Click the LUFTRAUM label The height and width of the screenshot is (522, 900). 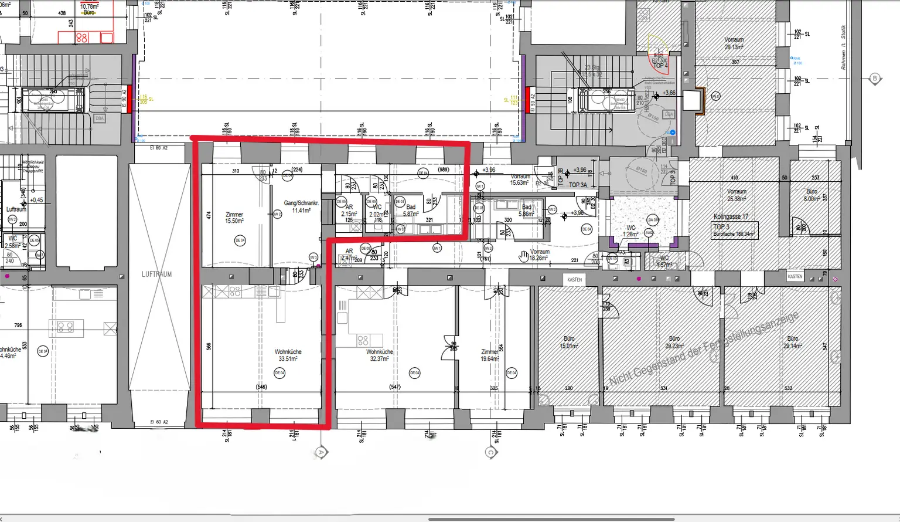[157, 274]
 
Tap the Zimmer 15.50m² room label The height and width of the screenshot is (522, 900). [234, 218]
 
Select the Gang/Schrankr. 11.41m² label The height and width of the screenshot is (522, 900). [301, 206]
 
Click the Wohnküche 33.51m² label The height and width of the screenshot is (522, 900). [288, 355]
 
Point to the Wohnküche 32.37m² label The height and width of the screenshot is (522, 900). [379, 355]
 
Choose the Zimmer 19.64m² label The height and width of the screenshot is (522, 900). [489, 355]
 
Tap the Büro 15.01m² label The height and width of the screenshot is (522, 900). [568, 342]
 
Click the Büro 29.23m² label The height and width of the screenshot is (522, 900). [674, 342]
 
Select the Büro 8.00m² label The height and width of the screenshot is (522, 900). [811, 195]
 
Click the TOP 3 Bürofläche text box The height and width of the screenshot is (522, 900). [735, 230]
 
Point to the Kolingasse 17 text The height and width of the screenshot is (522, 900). [731, 216]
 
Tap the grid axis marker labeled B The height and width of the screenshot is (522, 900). [875, 79]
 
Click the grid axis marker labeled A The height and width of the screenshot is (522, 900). [321, 452]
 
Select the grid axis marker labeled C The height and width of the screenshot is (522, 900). [491, 452]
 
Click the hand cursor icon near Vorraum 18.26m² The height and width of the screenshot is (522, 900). [524, 256]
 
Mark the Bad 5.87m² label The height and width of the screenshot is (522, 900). [411, 210]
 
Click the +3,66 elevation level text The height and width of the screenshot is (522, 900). [669, 93]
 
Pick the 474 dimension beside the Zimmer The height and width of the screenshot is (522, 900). [209, 215]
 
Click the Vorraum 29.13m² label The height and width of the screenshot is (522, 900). [734, 43]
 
